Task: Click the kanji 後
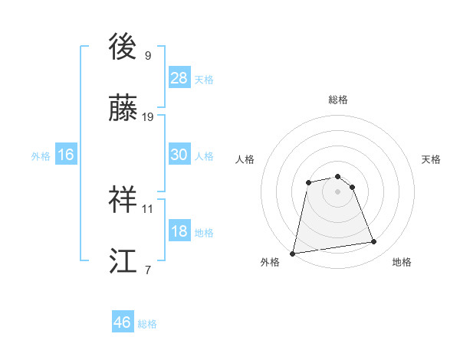point(124,47)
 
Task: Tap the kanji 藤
point(124,110)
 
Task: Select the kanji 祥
point(124,200)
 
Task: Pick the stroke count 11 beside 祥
point(148,208)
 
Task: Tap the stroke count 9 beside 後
point(148,55)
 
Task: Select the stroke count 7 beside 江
point(148,270)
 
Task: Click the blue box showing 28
point(179,77)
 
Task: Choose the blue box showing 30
point(179,155)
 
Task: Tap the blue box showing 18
point(179,231)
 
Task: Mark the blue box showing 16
point(66,155)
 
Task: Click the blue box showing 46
point(123,322)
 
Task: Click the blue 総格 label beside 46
point(147,324)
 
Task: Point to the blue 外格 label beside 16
point(41,156)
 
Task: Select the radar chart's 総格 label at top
point(338,100)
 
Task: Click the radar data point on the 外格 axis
point(293,253)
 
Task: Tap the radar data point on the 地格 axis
point(374,242)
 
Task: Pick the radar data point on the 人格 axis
point(308,182)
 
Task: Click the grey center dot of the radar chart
point(338,191)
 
